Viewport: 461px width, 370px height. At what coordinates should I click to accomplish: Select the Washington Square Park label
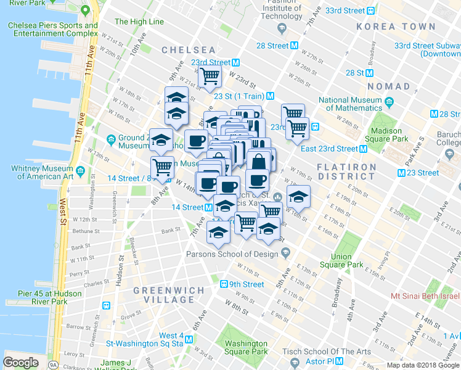pos(246,348)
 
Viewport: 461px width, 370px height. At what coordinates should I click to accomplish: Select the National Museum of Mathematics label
pos(360,104)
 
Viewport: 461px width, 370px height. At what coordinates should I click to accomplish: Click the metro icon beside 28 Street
pos(295,46)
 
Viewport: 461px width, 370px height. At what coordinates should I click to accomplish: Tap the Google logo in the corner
pos(20,362)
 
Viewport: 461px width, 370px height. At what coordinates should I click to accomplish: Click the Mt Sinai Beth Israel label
pos(425,296)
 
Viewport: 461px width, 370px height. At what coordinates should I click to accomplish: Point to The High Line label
pos(139,22)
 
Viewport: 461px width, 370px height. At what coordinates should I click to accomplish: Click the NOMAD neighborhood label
pos(388,86)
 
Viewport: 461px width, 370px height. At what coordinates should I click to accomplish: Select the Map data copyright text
pos(423,365)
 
